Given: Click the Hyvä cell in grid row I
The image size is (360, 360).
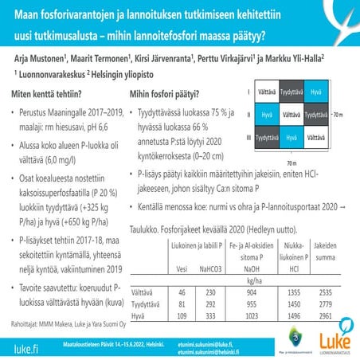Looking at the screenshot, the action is tap(316, 93).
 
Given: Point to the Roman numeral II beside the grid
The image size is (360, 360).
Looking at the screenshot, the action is tap(248, 115).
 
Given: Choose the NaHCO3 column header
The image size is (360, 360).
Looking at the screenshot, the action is tap(211, 268).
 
